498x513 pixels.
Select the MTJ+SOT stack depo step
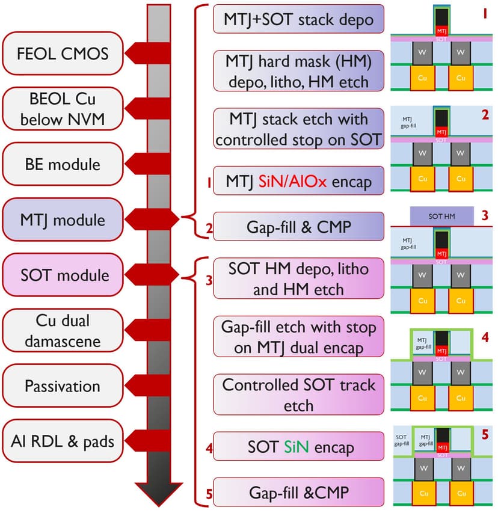click(x=298, y=19)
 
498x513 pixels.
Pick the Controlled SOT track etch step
click(x=298, y=395)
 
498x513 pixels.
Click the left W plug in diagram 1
click(x=422, y=54)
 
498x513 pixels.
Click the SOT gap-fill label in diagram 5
click(x=402, y=441)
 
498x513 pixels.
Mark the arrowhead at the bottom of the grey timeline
click(x=159, y=490)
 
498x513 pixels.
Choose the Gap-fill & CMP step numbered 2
click(x=298, y=227)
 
